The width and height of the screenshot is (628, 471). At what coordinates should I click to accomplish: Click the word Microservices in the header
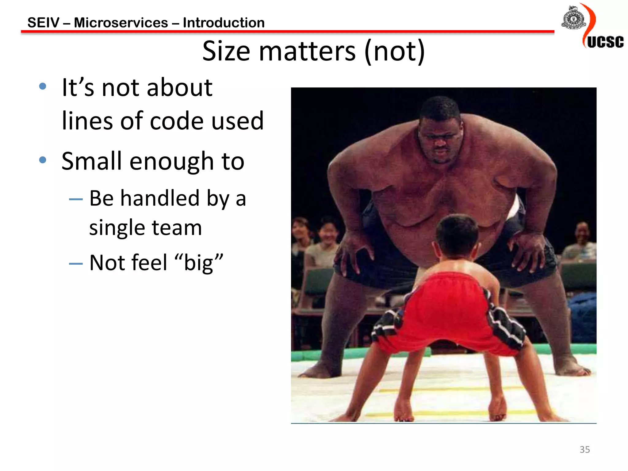(121, 23)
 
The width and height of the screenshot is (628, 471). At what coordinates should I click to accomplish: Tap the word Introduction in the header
(224, 23)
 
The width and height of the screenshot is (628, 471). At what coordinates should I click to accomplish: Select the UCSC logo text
(605, 42)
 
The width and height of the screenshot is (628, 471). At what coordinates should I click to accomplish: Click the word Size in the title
(226, 51)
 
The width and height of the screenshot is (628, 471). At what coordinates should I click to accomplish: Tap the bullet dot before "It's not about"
(43, 86)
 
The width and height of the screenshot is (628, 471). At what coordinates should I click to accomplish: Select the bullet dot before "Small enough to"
(43, 160)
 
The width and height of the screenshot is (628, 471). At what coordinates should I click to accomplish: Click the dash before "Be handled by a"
(76, 199)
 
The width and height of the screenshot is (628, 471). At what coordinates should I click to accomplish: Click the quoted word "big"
(199, 263)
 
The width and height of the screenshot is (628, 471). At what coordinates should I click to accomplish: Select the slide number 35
(584, 450)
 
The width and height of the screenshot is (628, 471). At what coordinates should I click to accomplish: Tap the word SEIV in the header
(43, 23)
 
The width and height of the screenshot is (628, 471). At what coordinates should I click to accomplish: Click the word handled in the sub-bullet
(160, 198)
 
